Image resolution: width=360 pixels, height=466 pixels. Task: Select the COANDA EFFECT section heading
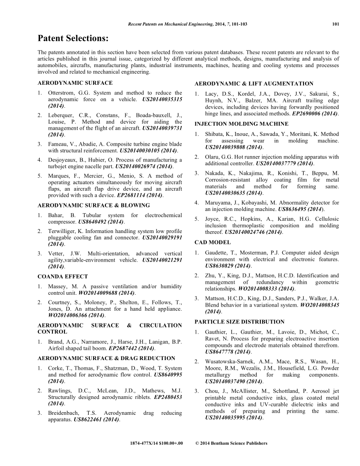tap(63, 277)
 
